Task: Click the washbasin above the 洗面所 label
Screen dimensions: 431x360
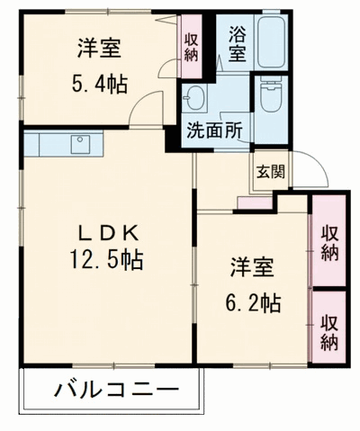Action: click(x=195, y=96)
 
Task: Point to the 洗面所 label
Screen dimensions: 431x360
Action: click(x=214, y=129)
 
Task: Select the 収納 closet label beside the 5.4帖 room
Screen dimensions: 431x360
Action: click(x=191, y=45)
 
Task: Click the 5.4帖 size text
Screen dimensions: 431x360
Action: click(x=99, y=85)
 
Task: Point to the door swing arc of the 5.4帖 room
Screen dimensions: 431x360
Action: click(x=144, y=108)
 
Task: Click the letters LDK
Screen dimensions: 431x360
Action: click(x=106, y=233)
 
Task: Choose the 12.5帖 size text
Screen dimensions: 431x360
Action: click(x=106, y=261)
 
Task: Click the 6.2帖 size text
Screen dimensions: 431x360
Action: click(x=253, y=303)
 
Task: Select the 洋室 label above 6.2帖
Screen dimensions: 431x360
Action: click(x=252, y=269)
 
